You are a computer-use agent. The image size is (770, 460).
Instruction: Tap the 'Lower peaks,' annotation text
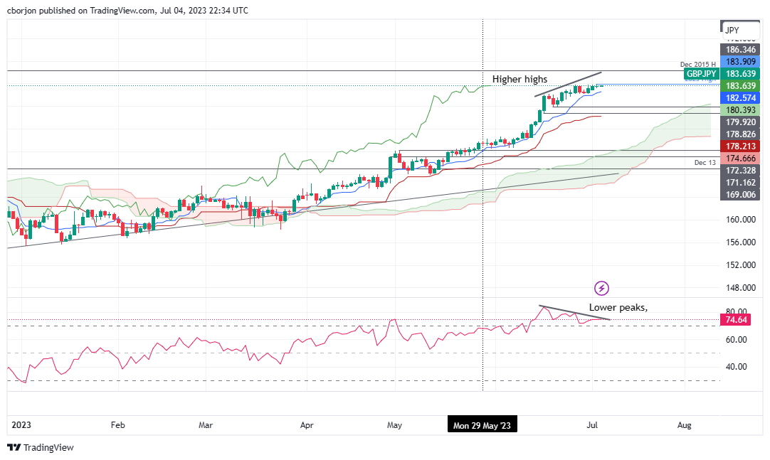pos(618,308)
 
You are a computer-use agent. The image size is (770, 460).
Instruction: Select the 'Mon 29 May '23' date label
pos(482,425)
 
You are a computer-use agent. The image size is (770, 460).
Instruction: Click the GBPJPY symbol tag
pos(700,74)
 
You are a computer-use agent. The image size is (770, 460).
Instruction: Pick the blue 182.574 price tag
pos(740,97)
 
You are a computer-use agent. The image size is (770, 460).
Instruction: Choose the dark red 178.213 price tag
pos(740,146)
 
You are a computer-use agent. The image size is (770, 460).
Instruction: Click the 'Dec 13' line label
pos(705,163)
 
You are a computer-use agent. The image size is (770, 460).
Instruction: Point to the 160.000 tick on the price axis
pos(741,220)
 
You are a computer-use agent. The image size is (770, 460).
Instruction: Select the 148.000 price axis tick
pos(741,288)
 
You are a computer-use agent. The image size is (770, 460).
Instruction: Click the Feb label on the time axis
pos(118,425)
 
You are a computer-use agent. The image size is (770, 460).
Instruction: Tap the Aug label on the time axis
pos(684,425)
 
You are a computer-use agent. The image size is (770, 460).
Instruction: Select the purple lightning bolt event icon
pos(602,288)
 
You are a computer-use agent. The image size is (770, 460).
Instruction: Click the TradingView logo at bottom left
pos(41,447)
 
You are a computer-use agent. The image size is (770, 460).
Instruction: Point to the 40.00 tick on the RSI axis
pos(737,367)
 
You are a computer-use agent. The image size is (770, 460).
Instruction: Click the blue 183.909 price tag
pos(740,62)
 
